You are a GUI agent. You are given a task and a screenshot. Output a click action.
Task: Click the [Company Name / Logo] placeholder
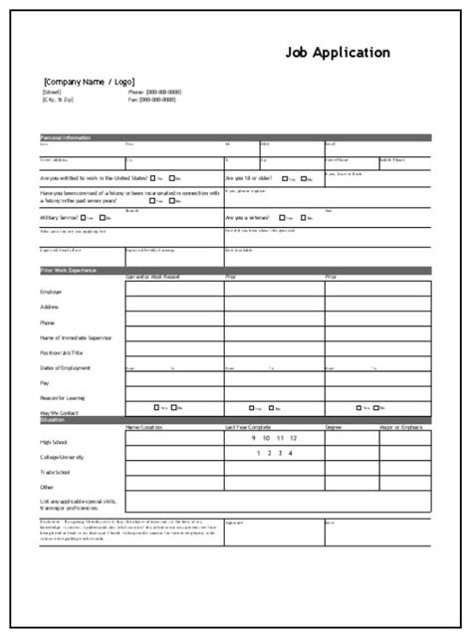88,82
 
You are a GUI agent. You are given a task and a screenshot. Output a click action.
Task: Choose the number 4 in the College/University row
290,455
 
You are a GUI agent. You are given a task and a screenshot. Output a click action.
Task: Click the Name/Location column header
145,427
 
